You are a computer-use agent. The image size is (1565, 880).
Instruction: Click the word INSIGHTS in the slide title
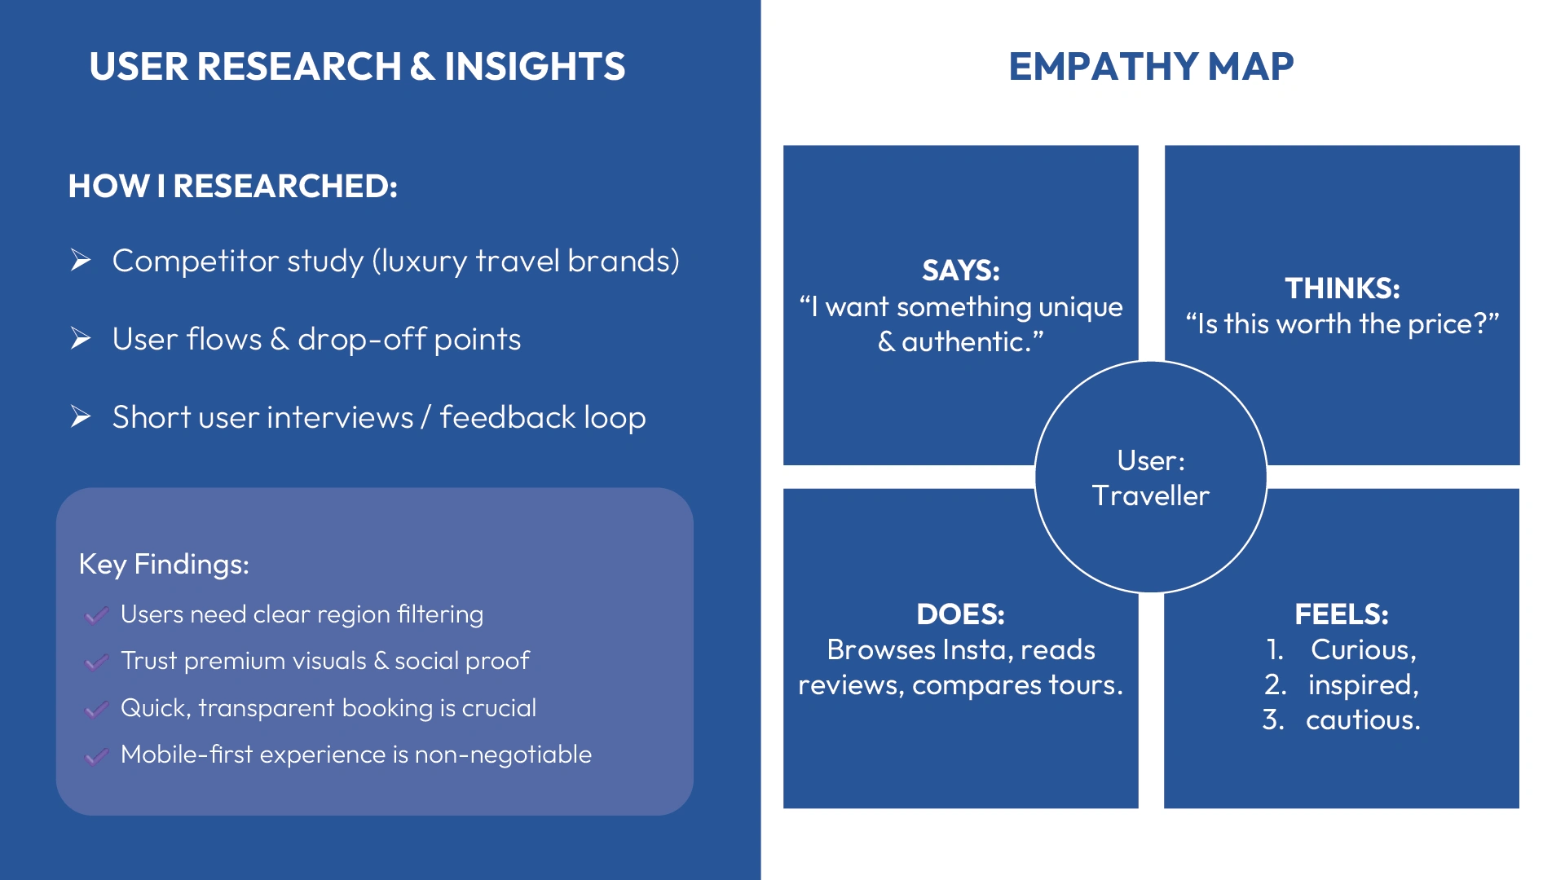tap(535, 67)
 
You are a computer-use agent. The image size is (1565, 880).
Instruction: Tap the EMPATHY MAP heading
tap(1151, 67)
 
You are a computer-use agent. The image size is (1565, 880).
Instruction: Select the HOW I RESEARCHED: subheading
tap(233, 186)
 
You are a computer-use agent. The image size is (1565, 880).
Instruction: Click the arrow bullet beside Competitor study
tap(81, 260)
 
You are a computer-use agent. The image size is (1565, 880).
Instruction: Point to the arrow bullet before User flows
tap(81, 338)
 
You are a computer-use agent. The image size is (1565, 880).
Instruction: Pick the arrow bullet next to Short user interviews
tap(81, 416)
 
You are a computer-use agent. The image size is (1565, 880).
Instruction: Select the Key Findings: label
tap(164, 564)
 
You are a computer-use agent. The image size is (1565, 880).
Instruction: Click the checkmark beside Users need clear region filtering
tap(96, 615)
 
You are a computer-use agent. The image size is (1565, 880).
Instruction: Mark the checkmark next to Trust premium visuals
tap(96, 662)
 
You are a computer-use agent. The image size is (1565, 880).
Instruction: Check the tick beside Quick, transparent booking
tap(96, 709)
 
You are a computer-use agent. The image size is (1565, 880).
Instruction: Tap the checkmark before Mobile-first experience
tap(96, 755)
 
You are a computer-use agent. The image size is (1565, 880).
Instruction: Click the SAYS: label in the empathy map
tap(961, 271)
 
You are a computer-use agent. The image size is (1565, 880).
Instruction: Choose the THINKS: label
tap(1342, 288)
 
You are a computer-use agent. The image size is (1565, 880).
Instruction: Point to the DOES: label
tap(961, 614)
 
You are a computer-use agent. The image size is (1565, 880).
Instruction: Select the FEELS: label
tap(1342, 614)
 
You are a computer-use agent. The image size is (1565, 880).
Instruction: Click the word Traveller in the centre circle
tap(1151, 495)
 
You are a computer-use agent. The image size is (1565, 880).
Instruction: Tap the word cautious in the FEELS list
tap(1363, 720)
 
